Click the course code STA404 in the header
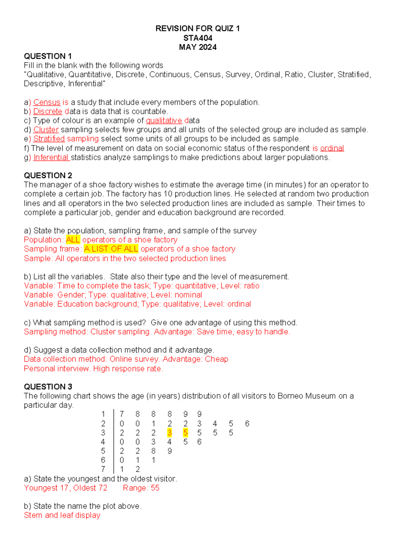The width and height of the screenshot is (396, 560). click(x=198, y=38)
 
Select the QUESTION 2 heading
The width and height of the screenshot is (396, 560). click(x=48, y=175)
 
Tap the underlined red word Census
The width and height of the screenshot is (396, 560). click(x=47, y=102)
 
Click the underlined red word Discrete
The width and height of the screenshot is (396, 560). click(x=48, y=112)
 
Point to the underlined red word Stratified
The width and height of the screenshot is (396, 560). click(x=49, y=139)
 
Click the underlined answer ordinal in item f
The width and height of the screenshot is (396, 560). click(x=332, y=148)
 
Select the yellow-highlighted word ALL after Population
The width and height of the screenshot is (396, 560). click(x=73, y=240)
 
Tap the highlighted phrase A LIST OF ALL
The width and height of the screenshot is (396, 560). click(x=111, y=249)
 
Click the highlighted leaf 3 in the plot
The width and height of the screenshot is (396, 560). click(x=170, y=433)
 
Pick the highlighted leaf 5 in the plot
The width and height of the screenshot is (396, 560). click(x=185, y=433)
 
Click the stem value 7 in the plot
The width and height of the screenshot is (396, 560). click(x=103, y=469)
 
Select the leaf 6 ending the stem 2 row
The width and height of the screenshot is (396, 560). click(x=247, y=424)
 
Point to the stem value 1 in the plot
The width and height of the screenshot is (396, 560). click(x=103, y=414)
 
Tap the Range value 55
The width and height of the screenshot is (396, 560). click(x=155, y=488)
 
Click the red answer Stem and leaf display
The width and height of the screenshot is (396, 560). click(x=62, y=515)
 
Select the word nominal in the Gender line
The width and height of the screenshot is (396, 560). click(x=188, y=295)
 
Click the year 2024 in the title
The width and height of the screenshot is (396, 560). click(x=208, y=47)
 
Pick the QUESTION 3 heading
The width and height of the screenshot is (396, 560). click(x=48, y=387)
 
